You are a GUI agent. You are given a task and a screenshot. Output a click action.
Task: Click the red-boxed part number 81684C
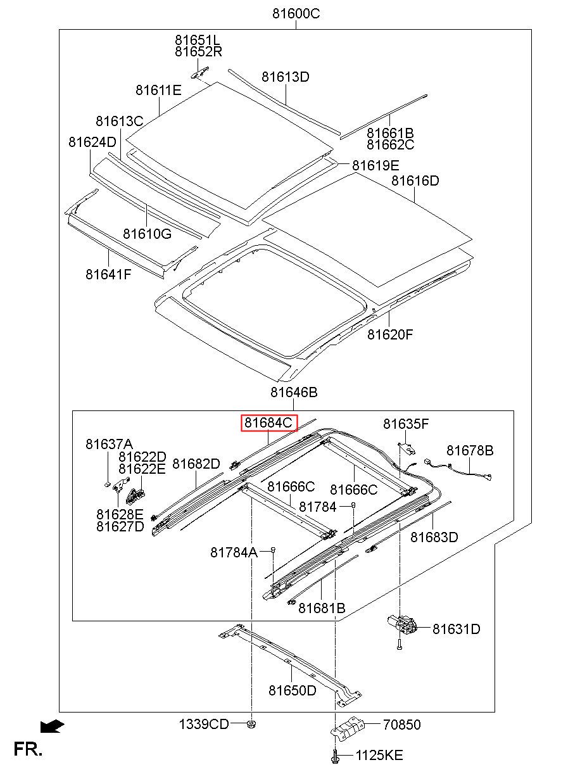[x=269, y=423]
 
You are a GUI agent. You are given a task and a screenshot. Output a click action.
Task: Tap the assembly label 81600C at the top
[x=296, y=14]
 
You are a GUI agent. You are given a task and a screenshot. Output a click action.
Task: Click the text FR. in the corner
[x=28, y=749]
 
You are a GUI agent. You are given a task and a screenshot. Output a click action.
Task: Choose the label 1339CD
[x=204, y=724]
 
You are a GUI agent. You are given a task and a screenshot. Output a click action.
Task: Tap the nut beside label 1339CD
[x=251, y=724]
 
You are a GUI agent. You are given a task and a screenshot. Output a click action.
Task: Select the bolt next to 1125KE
[x=336, y=755]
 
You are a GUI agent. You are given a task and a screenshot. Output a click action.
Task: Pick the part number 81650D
[x=293, y=690]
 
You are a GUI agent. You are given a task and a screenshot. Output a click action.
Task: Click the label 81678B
[x=470, y=450]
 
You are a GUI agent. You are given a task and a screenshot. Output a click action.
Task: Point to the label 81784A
[x=234, y=552]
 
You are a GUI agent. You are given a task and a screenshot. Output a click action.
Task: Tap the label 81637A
[x=109, y=444]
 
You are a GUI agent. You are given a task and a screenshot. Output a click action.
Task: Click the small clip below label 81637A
[x=107, y=484]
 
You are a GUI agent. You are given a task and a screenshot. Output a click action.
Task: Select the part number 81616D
[x=415, y=181]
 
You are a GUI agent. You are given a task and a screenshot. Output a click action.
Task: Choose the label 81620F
[x=390, y=334]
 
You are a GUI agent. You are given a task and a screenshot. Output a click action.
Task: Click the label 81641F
[x=108, y=274]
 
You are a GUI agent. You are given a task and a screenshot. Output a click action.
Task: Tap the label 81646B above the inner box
[x=294, y=392]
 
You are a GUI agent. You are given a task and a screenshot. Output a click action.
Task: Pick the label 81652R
[x=199, y=52]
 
